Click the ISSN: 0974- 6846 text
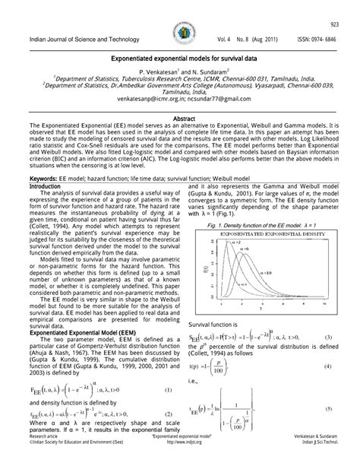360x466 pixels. coord(313,38)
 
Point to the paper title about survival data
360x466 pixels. coord(180,57)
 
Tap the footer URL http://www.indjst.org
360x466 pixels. coord(180,462)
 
